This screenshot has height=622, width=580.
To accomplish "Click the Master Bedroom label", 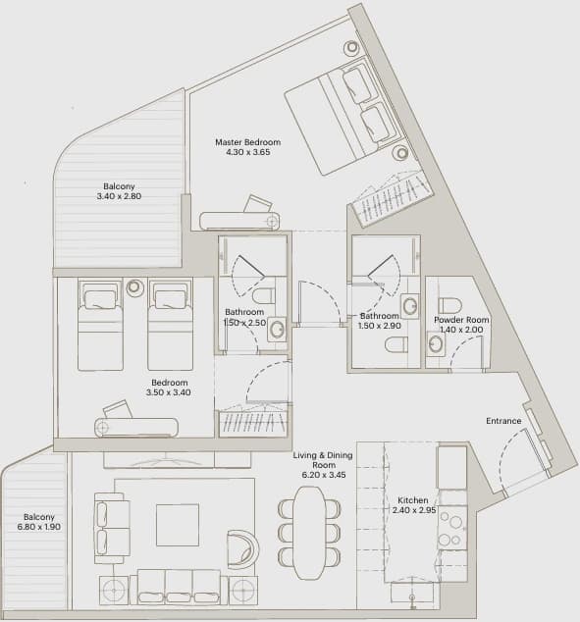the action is pos(248,142).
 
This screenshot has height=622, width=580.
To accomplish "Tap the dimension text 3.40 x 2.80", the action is pos(119,196).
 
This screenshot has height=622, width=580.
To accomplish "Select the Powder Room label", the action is pos(461,320).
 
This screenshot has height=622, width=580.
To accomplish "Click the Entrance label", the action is pos(503,421).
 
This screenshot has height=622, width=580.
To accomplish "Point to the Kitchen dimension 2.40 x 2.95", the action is pos(414,510).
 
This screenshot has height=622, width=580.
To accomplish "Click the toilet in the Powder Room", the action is pos(449,305).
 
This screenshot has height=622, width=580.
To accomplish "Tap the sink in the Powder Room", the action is pos(436,343).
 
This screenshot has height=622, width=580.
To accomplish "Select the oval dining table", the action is pos(309,533).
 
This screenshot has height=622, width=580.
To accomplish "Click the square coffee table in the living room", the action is pos(178,525).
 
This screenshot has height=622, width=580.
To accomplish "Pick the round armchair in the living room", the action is pos(242,548).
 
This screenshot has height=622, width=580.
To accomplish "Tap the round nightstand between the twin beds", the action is pos(134,287).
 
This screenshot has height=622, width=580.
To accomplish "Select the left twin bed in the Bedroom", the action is pos(100,325).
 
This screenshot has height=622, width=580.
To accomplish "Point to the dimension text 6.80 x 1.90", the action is pos(39,527).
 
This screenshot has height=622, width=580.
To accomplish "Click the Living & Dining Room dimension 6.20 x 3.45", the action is pos(324,475).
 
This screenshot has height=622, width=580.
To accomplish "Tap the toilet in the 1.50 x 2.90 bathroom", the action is pos(396,344).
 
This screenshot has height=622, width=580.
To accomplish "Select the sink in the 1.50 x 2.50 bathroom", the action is pos(277,330).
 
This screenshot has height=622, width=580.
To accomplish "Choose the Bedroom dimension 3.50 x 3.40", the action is pos(169,392).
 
